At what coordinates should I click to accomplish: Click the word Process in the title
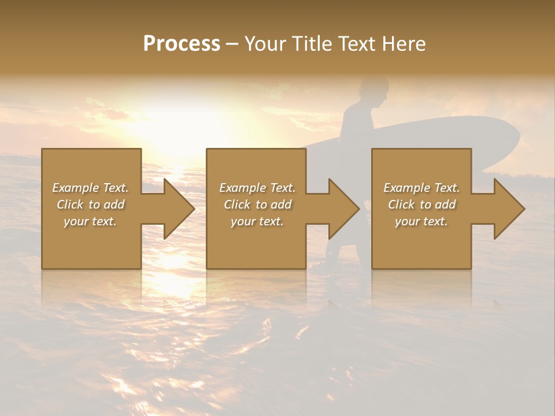(182, 44)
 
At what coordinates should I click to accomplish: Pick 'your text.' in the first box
(90, 221)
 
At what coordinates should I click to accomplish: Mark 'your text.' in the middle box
(257, 221)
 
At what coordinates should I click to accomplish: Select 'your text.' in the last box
(421, 221)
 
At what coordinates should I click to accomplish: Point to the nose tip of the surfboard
(517, 139)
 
